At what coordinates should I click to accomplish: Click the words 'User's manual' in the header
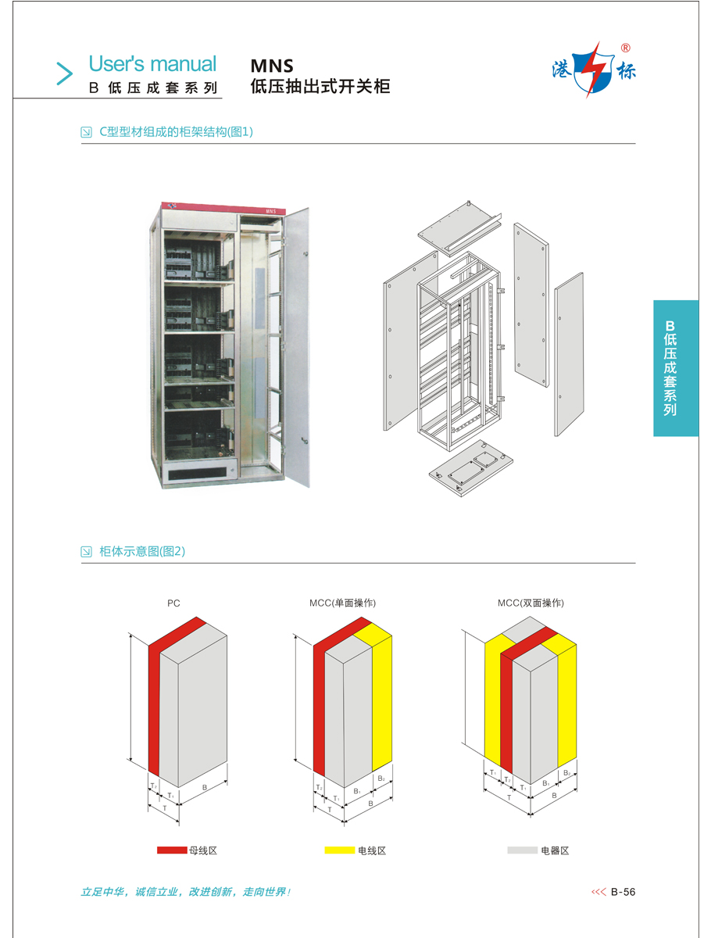[x=152, y=63]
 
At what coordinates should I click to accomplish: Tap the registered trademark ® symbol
[x=625, y=48]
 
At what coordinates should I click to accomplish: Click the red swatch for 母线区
[x=171, y=850]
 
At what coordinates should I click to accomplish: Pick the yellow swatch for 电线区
[x=339, y=850]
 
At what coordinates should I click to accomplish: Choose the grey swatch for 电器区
[x=522, y=850]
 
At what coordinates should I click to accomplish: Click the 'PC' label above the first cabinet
[x=173, y=603]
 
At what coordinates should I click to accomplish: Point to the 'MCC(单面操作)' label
[x=343, y=603]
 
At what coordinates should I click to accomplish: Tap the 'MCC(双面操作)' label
[x=531, y=603]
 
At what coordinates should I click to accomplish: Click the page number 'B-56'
[x=623, y=892]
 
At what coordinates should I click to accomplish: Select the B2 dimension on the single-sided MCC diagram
[x=381, y=779]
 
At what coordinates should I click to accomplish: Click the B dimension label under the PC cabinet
[x=205, y=787]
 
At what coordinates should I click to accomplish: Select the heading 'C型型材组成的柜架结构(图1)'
[x=176, y=132]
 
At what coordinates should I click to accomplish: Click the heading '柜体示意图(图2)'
[x=142, y=552]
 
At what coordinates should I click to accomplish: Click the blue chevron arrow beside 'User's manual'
[x=63, y=73]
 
